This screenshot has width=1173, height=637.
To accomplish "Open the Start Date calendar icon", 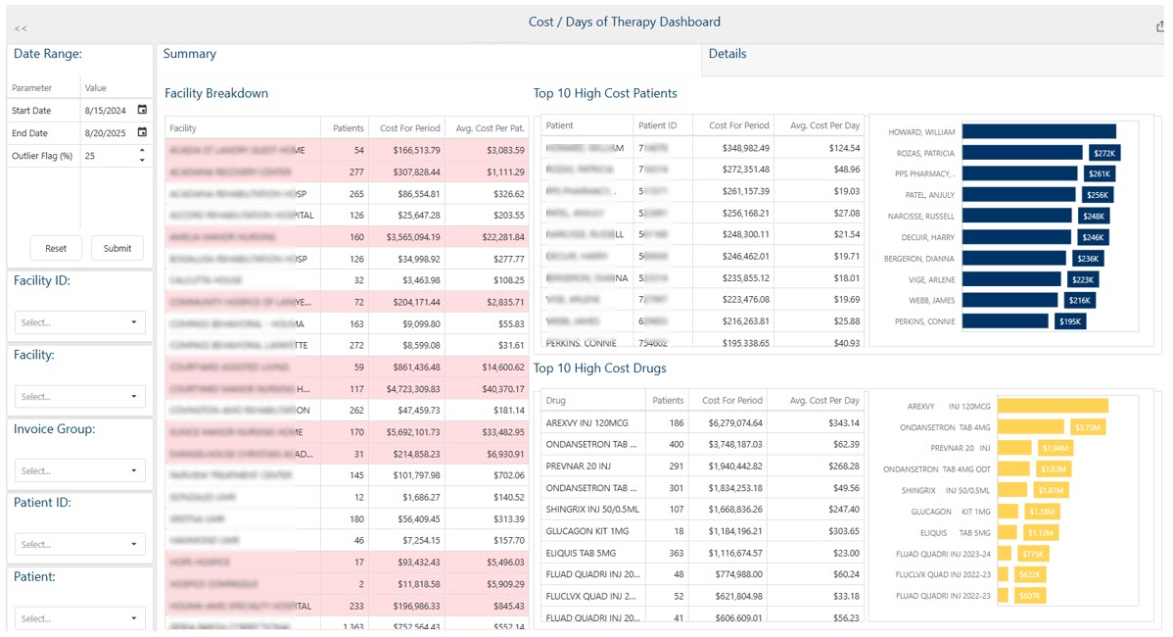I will tap(142, 110).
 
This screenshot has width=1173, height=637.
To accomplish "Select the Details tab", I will tap(727, 54).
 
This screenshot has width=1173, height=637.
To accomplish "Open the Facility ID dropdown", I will tap(80, 322).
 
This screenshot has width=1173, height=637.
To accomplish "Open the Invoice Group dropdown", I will tap(80, 470).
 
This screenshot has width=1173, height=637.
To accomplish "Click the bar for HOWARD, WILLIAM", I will tap(1038, 131).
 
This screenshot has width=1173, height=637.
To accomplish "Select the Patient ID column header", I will tap(658, 125).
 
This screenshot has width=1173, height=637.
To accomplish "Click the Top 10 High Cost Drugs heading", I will tap(599, 368).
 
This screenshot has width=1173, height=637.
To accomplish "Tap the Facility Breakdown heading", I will tap(216, 93).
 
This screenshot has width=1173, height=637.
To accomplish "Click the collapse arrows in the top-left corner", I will tap(21, 28).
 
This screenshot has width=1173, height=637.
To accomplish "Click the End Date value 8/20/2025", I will tap(106, 132).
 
